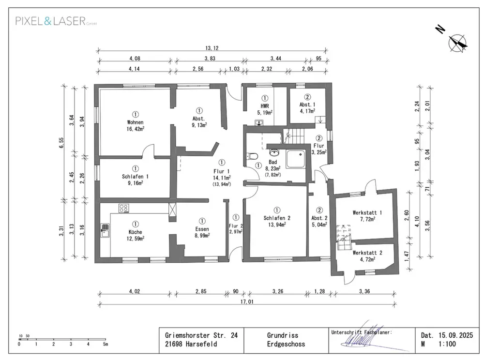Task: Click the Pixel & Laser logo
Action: (x=56, y=21)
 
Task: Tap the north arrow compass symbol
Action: (x=458, y=44)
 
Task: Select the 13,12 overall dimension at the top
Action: (x=212, y=48)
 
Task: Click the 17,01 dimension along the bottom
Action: (x=247, y=302)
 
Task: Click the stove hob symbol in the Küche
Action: (x=124, y=208)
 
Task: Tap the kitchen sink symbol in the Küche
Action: (x=105, y=230)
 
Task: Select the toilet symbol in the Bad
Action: (x=252, y=156)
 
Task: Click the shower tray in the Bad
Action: (x=295, y=159)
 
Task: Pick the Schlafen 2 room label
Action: (x=277, y=218)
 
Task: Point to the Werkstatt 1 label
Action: (x=367, y=212)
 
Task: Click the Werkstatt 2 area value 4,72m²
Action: (x=368, y=259)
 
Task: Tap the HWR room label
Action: (x=265, y=106)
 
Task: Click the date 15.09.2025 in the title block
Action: (x=455, y=335)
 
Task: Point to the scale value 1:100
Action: (x=447, y=344)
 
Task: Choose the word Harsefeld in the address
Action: (x=201, y=344)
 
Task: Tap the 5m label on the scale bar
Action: (x=105, y=344)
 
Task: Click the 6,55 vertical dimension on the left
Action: (x=61, y=143)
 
